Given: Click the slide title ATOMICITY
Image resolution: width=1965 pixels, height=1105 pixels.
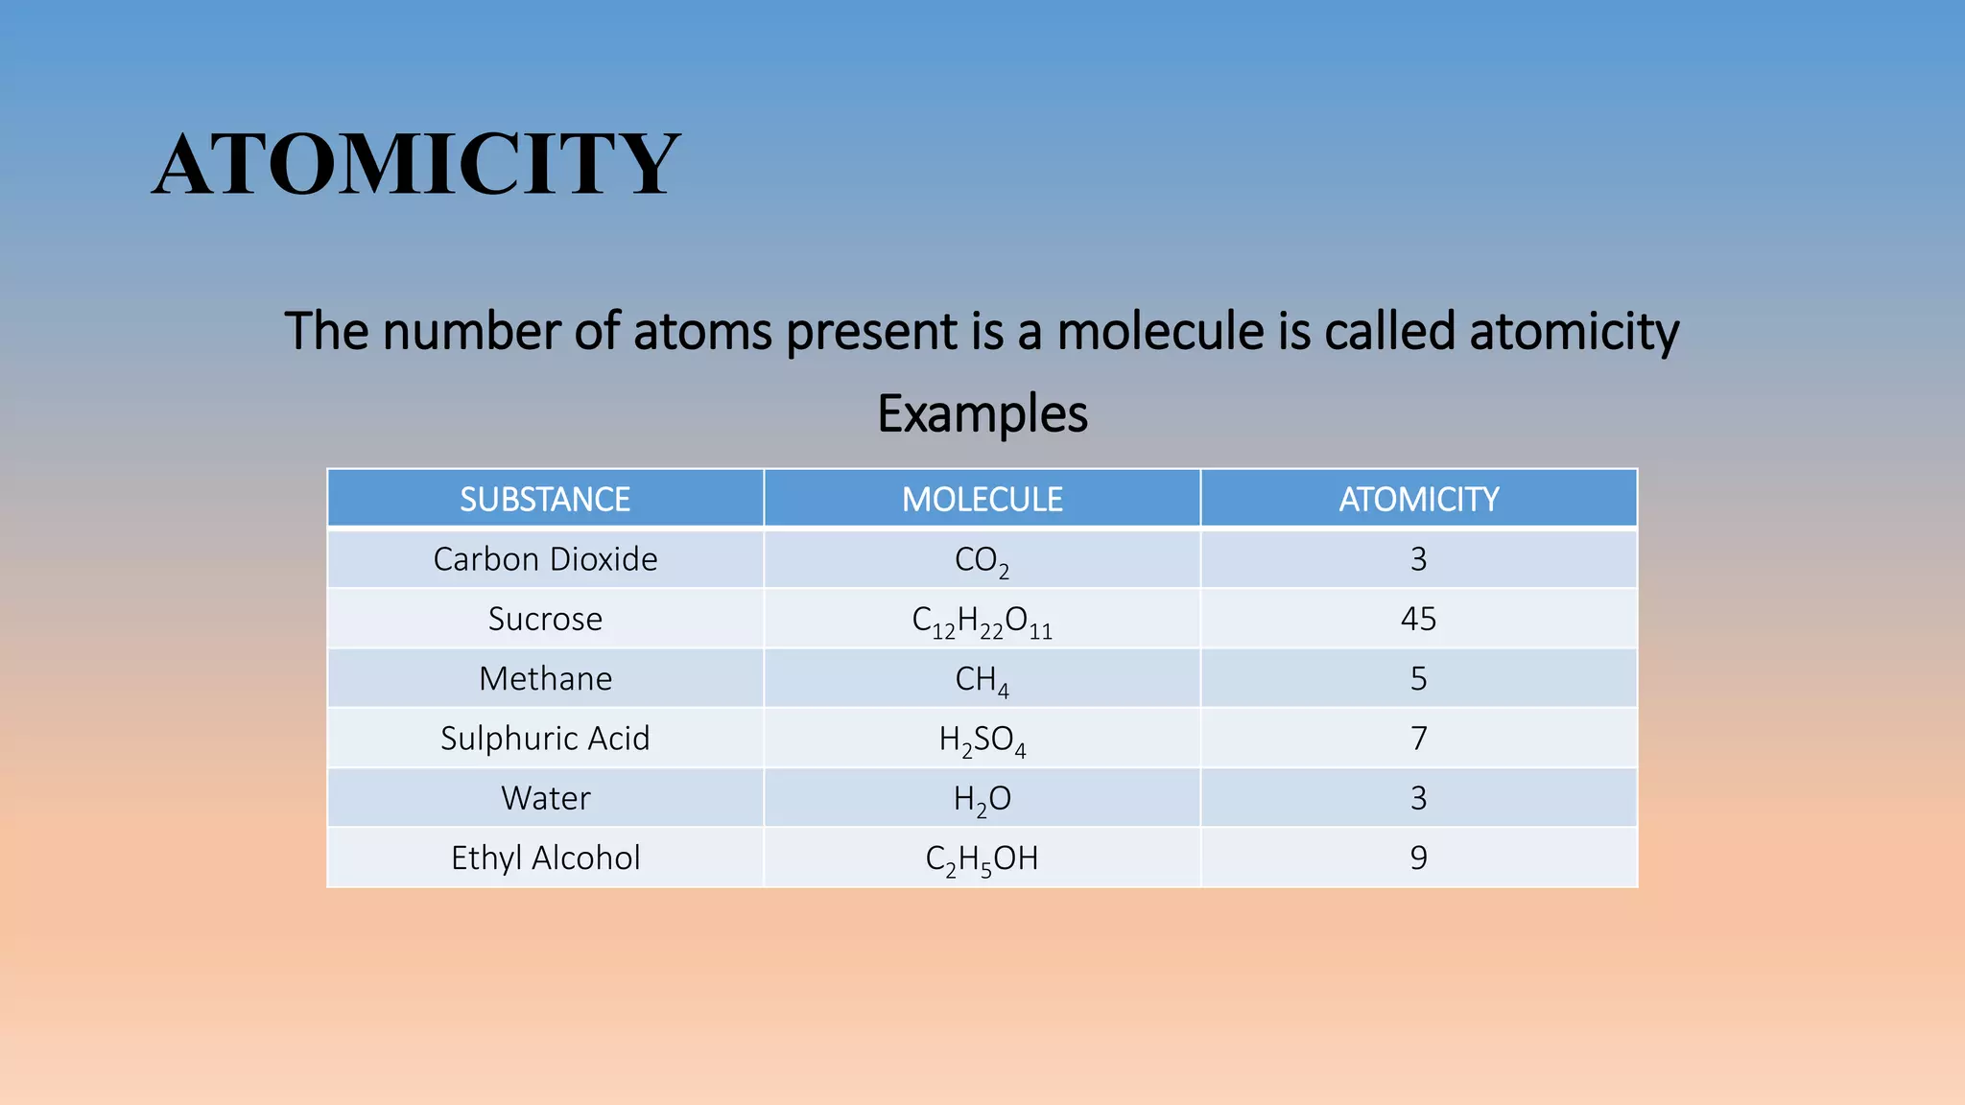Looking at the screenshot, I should coord(415,164).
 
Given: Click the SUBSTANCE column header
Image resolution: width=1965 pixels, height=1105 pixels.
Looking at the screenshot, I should coord(545,499).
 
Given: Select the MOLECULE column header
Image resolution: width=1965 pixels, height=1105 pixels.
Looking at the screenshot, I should coord(982,499).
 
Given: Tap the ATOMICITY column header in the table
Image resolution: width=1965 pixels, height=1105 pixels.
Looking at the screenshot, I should coord(1418,499).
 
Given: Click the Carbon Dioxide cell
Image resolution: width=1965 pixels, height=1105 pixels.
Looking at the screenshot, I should coord(545,559).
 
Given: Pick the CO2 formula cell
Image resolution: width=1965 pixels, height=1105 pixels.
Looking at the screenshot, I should coord(982,560).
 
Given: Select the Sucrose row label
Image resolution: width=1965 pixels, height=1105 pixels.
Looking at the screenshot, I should coord(545,619).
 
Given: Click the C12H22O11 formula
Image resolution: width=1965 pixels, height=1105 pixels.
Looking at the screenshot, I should coord(982,621).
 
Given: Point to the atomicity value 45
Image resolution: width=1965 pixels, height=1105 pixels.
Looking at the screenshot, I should coord(1418,619).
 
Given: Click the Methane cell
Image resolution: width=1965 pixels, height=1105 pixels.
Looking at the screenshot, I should coord(545,678).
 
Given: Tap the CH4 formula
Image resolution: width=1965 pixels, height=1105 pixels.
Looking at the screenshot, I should coord(982,680).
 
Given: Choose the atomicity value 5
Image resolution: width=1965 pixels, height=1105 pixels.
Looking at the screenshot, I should coord(1418,678).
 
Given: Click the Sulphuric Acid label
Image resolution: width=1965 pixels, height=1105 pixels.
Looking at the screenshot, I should coord(545,738).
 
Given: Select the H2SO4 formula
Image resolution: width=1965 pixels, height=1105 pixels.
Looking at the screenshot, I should coord(982,740).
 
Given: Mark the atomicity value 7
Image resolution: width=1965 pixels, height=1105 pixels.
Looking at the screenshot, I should coord(1418,738).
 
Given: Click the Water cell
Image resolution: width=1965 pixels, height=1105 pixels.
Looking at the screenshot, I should coord(545,798).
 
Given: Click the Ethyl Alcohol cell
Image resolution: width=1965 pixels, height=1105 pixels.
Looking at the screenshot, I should coord(545,858).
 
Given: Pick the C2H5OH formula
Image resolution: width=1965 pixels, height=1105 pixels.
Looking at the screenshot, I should coord(982,858).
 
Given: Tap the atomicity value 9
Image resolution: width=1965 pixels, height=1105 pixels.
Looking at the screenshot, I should coord(1418,858).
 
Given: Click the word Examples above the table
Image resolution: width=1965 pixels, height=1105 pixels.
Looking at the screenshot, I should coord(982,414).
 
